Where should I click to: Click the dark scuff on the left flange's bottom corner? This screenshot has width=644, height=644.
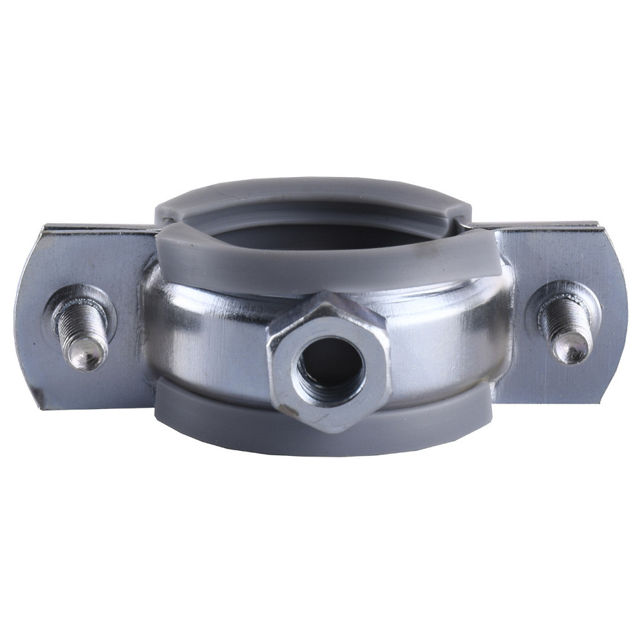point(40,395)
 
